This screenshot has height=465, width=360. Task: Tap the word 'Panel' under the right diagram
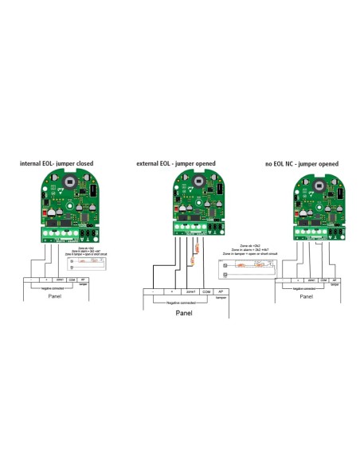[306, 295]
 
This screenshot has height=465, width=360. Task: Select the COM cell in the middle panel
[206, 291]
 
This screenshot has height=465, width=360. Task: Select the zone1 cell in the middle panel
[190, 291]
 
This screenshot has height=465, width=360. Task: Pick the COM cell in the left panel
[71, 279]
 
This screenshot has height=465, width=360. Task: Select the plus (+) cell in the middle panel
[171, 291]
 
